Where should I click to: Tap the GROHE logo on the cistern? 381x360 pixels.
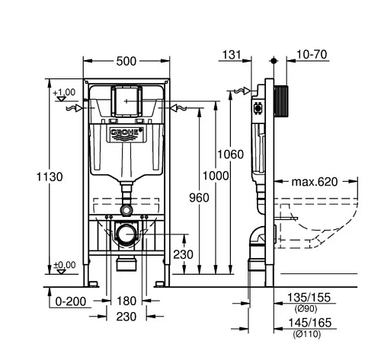point(127,135)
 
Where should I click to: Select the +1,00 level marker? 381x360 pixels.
point(66,92)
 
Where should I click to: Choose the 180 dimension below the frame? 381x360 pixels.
point(126,301)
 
